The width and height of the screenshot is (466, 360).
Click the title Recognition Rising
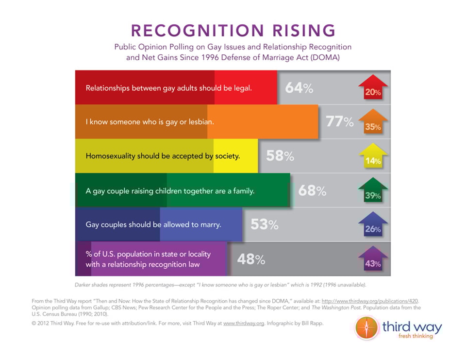click(233, 30)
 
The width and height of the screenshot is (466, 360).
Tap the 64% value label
click(299, 88)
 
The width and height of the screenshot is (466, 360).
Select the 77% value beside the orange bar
click(340, 121)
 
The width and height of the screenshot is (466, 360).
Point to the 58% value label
click(280, 156)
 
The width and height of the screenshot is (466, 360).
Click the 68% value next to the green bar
click(312, 190)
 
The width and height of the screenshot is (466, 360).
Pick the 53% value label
click(265, 224)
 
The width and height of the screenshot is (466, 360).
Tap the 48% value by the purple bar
click(251, 259)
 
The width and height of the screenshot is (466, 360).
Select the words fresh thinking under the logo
click(416, 336)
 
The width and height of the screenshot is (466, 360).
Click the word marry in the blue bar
click(210, 225)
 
